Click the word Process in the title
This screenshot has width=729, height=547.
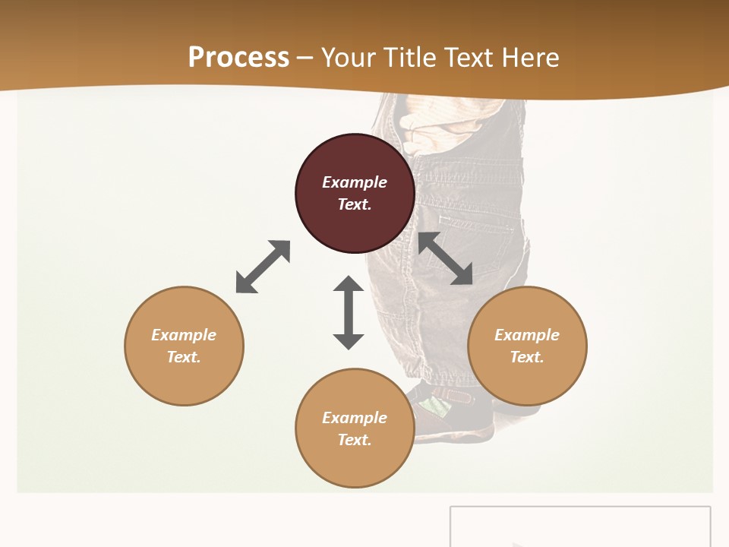238,58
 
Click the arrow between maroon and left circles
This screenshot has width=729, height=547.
263,267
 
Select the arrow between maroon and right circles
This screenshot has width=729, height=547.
446,259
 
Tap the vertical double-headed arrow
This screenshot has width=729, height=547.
349,312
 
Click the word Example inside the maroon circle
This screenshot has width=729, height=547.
355,182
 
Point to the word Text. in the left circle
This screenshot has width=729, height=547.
184,357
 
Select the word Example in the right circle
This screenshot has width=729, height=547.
527,335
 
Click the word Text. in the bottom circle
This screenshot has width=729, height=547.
355,440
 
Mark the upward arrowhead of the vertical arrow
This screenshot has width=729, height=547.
349,285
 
